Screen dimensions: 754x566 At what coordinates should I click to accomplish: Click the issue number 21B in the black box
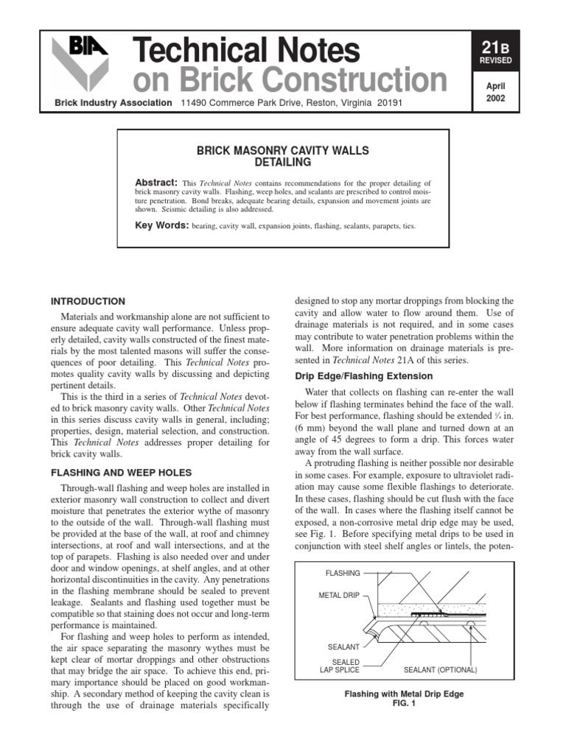point(495,49)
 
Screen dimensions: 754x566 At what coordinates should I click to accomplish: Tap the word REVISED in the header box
point(495,62)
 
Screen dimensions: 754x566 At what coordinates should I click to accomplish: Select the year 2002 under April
point(495,99)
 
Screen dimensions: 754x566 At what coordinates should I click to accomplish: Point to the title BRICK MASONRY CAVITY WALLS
point(283,151)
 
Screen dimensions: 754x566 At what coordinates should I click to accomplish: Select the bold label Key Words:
point(161,225)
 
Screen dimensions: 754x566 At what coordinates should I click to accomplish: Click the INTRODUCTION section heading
point(87,301)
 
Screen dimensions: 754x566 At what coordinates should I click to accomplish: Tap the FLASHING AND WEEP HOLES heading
point(120,472)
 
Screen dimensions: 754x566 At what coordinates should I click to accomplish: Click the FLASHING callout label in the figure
point(343,573)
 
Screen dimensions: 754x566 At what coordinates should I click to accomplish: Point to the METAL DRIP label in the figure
point(338,595)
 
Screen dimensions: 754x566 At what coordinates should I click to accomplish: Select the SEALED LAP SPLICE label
point(340,666)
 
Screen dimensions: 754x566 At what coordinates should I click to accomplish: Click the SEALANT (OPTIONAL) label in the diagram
point(441,670)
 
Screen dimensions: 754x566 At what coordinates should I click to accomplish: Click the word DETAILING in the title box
point(283,162)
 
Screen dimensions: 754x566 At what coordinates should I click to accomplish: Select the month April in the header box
point(495,86)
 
